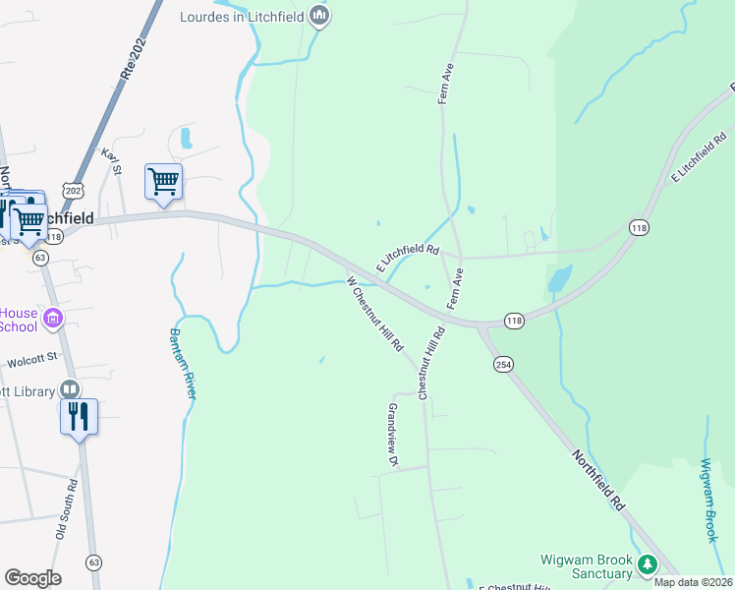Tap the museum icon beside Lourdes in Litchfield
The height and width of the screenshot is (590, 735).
[318, 16]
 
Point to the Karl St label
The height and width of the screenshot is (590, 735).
[111, 161]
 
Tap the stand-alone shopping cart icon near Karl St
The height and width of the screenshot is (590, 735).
[163, 181]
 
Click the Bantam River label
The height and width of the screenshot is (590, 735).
[186, 362]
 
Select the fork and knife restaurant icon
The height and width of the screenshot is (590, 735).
[79, 416]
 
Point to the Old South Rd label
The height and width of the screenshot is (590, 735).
[67, 509]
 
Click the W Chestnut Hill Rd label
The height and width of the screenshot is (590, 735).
[375, 315]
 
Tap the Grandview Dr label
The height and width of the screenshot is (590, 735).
[393, 434]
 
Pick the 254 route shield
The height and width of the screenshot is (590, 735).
[503, 364]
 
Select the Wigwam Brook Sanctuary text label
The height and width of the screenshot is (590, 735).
[586, 566]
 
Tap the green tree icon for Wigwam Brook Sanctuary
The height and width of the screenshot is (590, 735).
[647, 564]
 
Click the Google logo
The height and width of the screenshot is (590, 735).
[32, 578]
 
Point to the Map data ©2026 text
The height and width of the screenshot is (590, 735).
[692, 582]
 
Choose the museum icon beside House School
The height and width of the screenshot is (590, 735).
[54, 318]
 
